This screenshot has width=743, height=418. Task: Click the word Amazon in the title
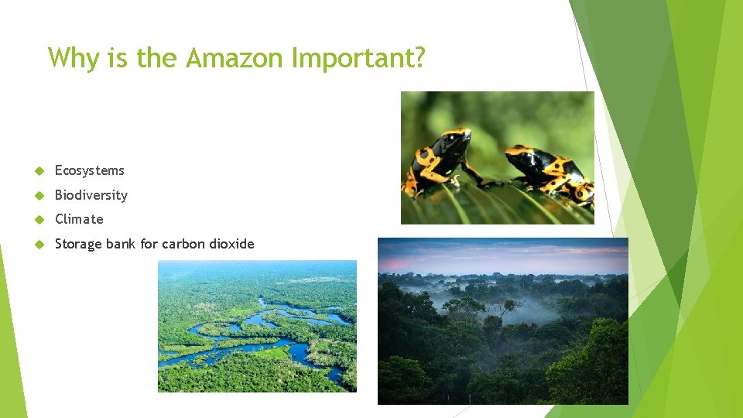(236, 58)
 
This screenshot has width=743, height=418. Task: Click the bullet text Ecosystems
(89, 171)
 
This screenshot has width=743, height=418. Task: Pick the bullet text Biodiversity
(91, 195)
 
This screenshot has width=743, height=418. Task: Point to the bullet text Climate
(78, 219)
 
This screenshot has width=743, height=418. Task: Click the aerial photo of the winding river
(257, 326)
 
